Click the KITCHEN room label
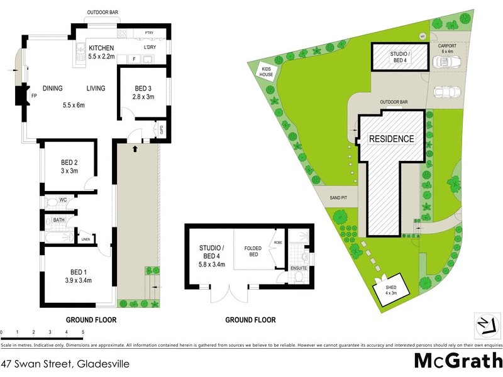pyautogui.click(x=101, y=48)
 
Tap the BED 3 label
pyautogui.click(x=143, y=88)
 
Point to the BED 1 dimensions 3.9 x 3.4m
pyautogui.click(x=79, y=281)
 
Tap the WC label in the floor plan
pyautogui.click(x=63, y=200)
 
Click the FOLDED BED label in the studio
pyautogui.click(x=252, y=248)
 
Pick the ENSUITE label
pyautogui.click(x=298, y=268)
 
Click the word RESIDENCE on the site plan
pyautogui.click(x=391, y=139)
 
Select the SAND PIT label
pyautogui.click(x=338, y=198)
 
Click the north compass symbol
pyautogui.click(x=483, y=324)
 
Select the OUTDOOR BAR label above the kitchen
pyautogui.click(x=102, y=12)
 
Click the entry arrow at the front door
pyautogui.click(x=136, y=150)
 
